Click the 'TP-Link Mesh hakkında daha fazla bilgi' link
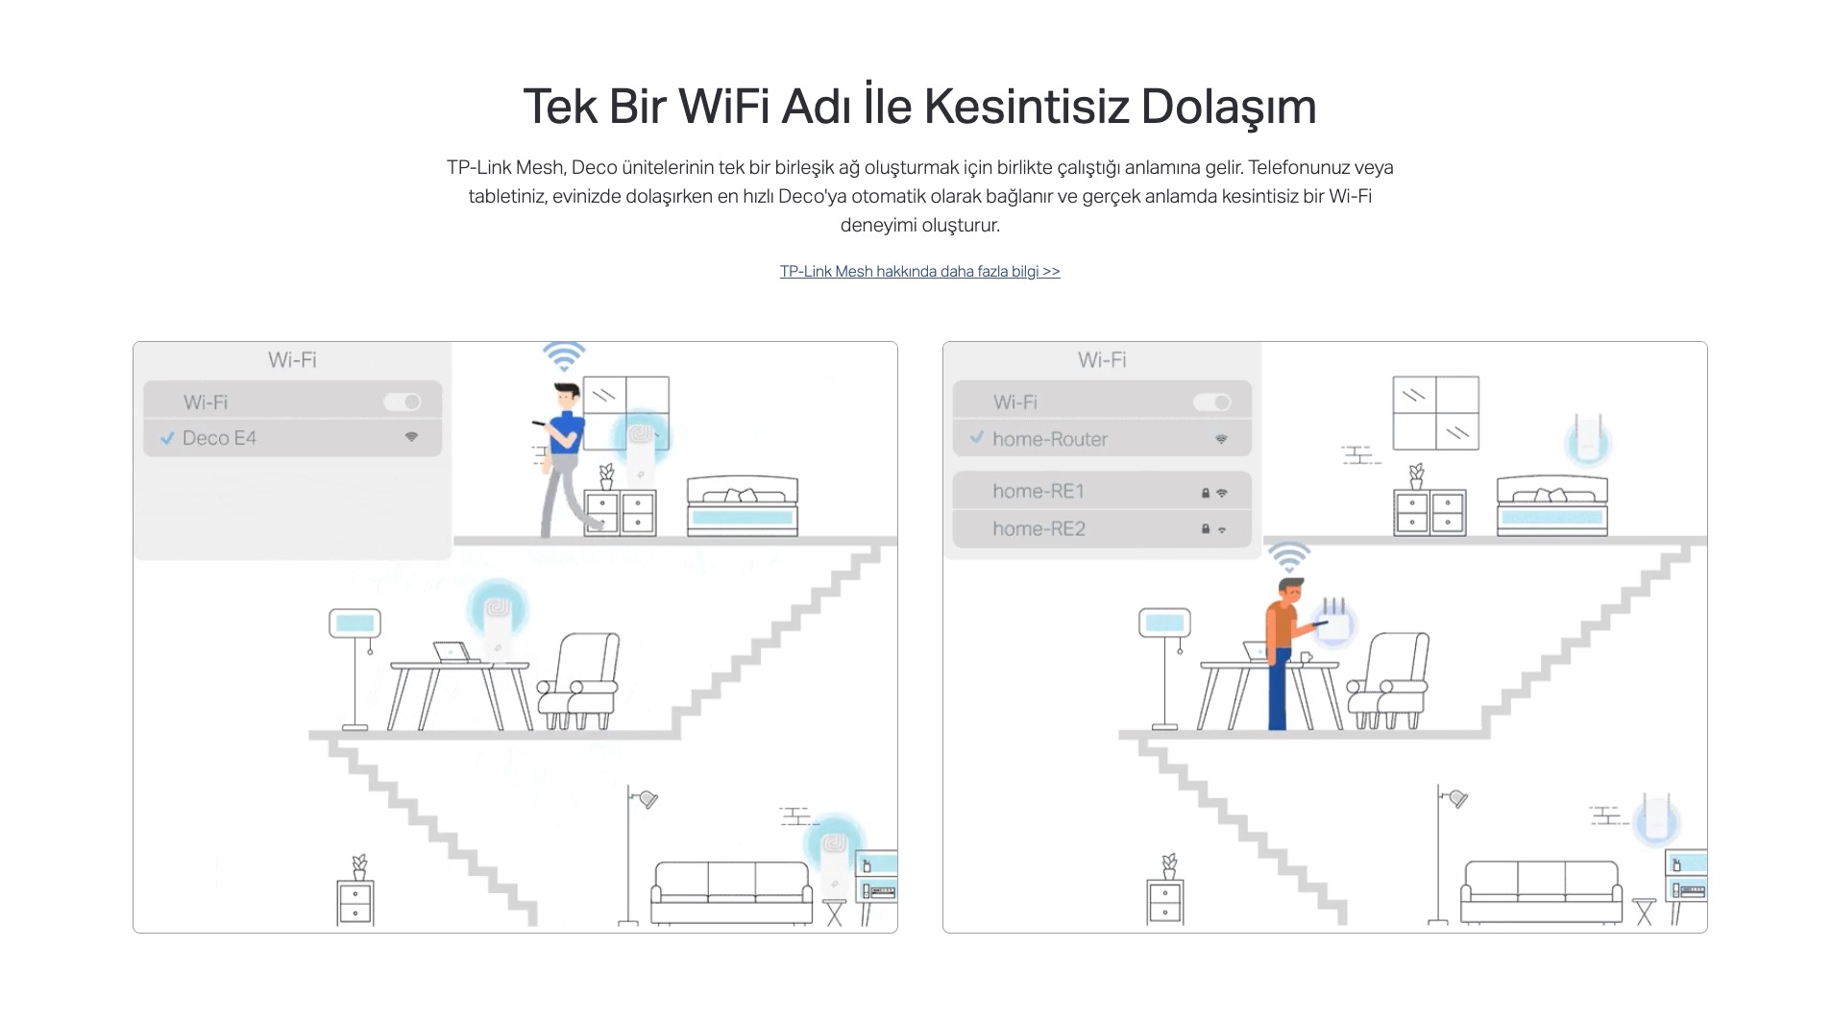pos(919,272)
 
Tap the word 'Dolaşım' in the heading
pos(1229,107)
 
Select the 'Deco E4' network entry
pos(292,438)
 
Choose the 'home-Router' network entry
pos(1102,439)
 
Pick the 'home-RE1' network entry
pos(1102,491)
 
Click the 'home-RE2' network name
pos(1039,529)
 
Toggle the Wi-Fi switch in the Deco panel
pos(403,401)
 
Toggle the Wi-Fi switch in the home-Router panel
pos(1212,401)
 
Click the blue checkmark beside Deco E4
pos(167,438)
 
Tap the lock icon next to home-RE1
pos(1205,493)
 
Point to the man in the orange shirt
pos(1287,653)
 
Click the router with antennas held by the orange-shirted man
pos(1334,621)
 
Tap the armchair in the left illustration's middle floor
pos(577,681)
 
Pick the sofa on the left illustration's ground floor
pos(732,893)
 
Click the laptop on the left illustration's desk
pos(455,653)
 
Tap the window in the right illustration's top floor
pos(1436,413)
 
